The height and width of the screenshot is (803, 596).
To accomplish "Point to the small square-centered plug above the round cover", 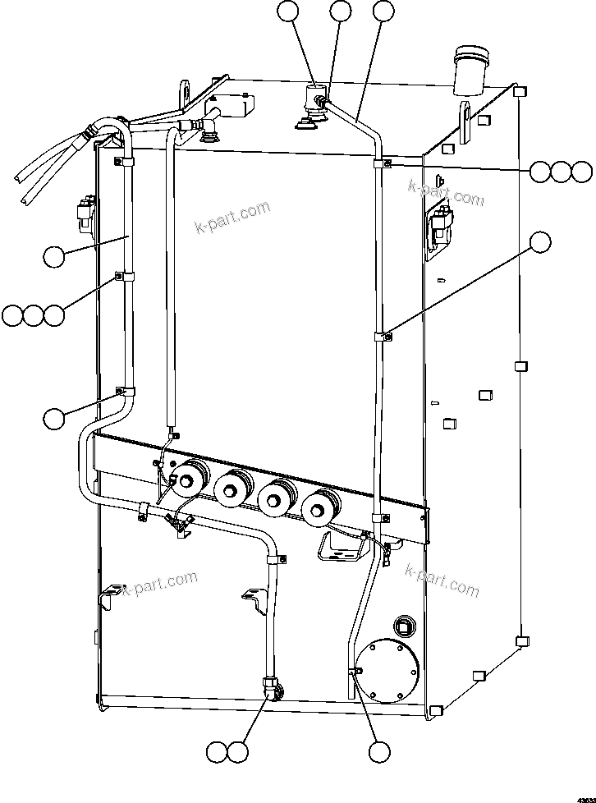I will coord(403,625).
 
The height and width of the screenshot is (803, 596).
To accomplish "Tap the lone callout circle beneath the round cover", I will coord(378,751).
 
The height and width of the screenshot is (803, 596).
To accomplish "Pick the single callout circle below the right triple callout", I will coord(539,242).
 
